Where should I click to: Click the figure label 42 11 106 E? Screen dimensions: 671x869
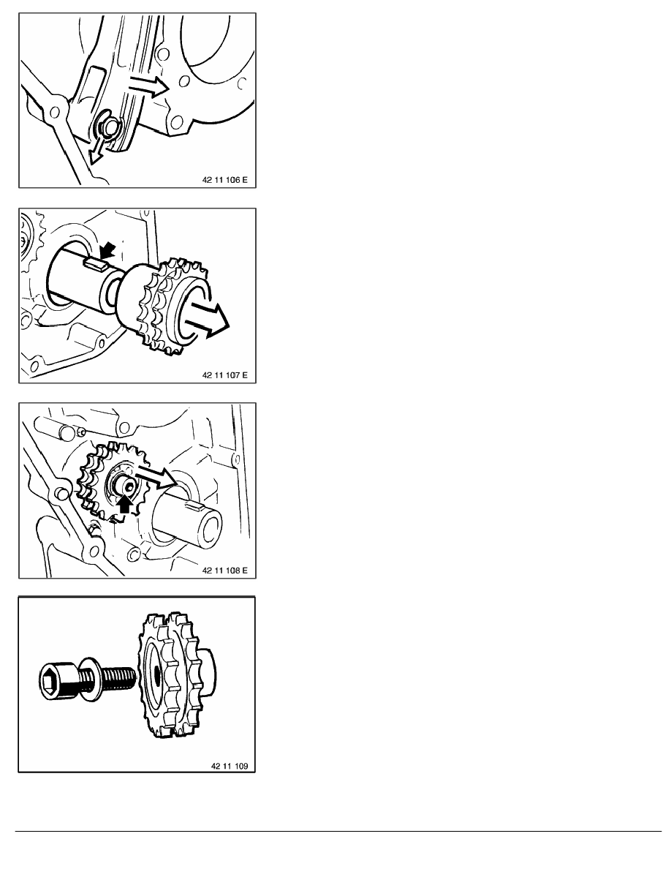point(225,179)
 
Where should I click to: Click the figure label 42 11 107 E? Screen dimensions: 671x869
point(225,375)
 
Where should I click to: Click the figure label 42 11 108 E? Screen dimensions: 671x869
point(225,570)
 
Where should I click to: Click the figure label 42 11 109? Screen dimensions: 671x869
point(230,766)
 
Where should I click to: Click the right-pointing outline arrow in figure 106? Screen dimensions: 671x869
point(148,86)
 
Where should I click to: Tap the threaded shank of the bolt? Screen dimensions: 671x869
point(118,676)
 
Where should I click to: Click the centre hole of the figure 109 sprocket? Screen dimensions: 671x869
point(158,674)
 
